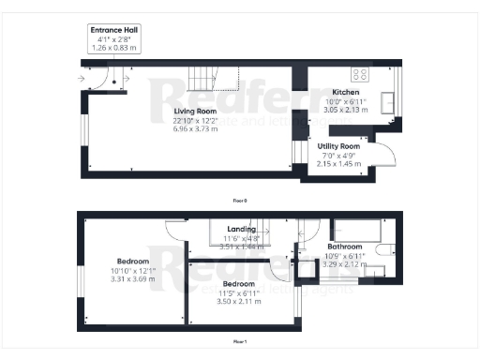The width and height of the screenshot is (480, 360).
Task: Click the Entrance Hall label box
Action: (x=113, y=38)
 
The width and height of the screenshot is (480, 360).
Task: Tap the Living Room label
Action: (x=195, y=112)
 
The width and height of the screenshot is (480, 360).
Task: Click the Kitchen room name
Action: (x=346, y=93)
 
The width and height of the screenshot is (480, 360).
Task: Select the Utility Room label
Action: (x=338, y=147)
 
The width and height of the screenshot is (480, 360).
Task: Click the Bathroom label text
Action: (x=344, y=247)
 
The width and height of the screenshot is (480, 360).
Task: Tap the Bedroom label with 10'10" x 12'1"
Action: (x=132, y=261)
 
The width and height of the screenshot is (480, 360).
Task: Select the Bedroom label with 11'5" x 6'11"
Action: (x=237, y=283)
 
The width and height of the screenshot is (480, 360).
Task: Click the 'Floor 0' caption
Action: (x=240, y=200)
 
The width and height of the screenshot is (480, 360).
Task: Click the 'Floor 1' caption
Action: (x=240, y=342)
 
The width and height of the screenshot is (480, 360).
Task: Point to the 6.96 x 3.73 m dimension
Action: (x=195, y=127)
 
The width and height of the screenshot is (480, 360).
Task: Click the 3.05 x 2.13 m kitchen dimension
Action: (x=346, y=109)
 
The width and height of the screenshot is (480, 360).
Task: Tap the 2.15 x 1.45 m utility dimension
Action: (x=338, y=164)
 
